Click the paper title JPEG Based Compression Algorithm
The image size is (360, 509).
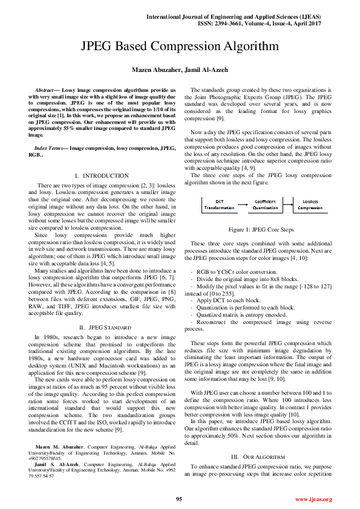(180, 47)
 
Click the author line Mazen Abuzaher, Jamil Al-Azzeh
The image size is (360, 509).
(180, 70)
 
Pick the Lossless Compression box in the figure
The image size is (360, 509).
(310, 204)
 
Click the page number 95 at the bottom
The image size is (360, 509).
(179, 499)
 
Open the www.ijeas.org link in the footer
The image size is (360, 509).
(313, 499)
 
